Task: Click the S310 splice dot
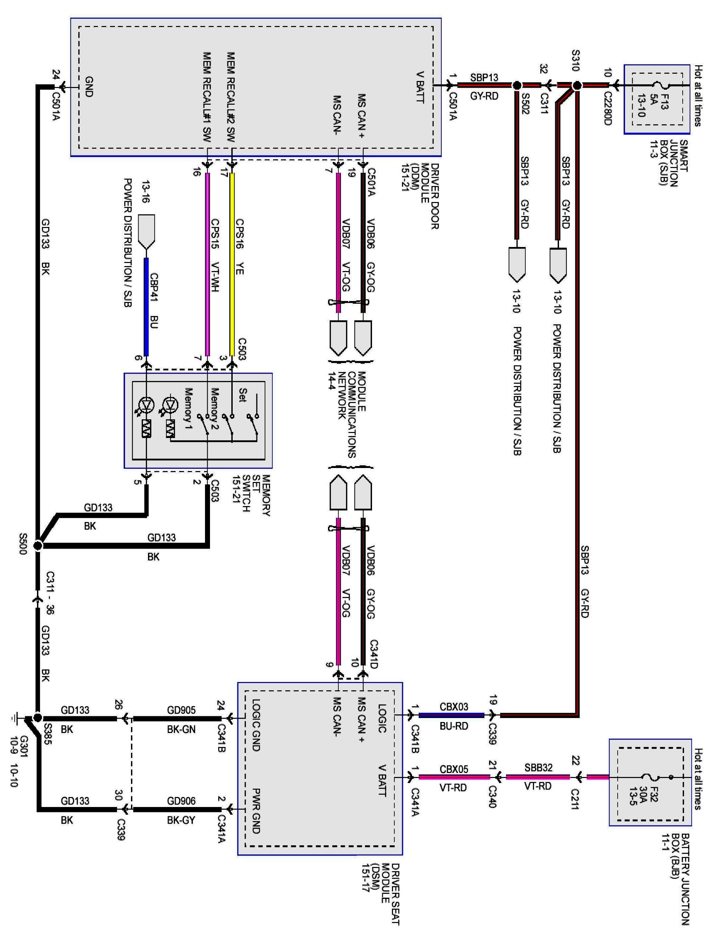[577, 86]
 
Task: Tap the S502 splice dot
[517, 86]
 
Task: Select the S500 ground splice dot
[38, 545]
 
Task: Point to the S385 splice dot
[38, 718]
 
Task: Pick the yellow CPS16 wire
[232, 264]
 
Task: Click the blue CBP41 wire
[146, 307]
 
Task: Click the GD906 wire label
[181, 801]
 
